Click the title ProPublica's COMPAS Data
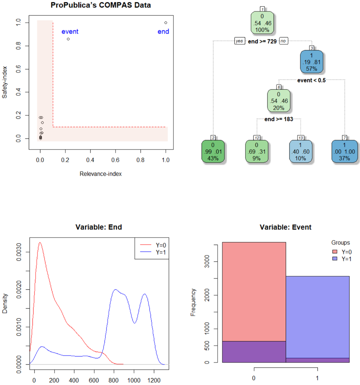click(x=101, y=5)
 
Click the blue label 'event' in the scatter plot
click(x=70, y=32)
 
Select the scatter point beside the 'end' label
click(x=166, y=22)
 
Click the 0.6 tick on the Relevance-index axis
click(x=116, y=161)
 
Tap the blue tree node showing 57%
click(x=312, y=62)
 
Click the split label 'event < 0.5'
click(x=312, y=81)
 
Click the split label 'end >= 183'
click(x=279, y=119)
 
